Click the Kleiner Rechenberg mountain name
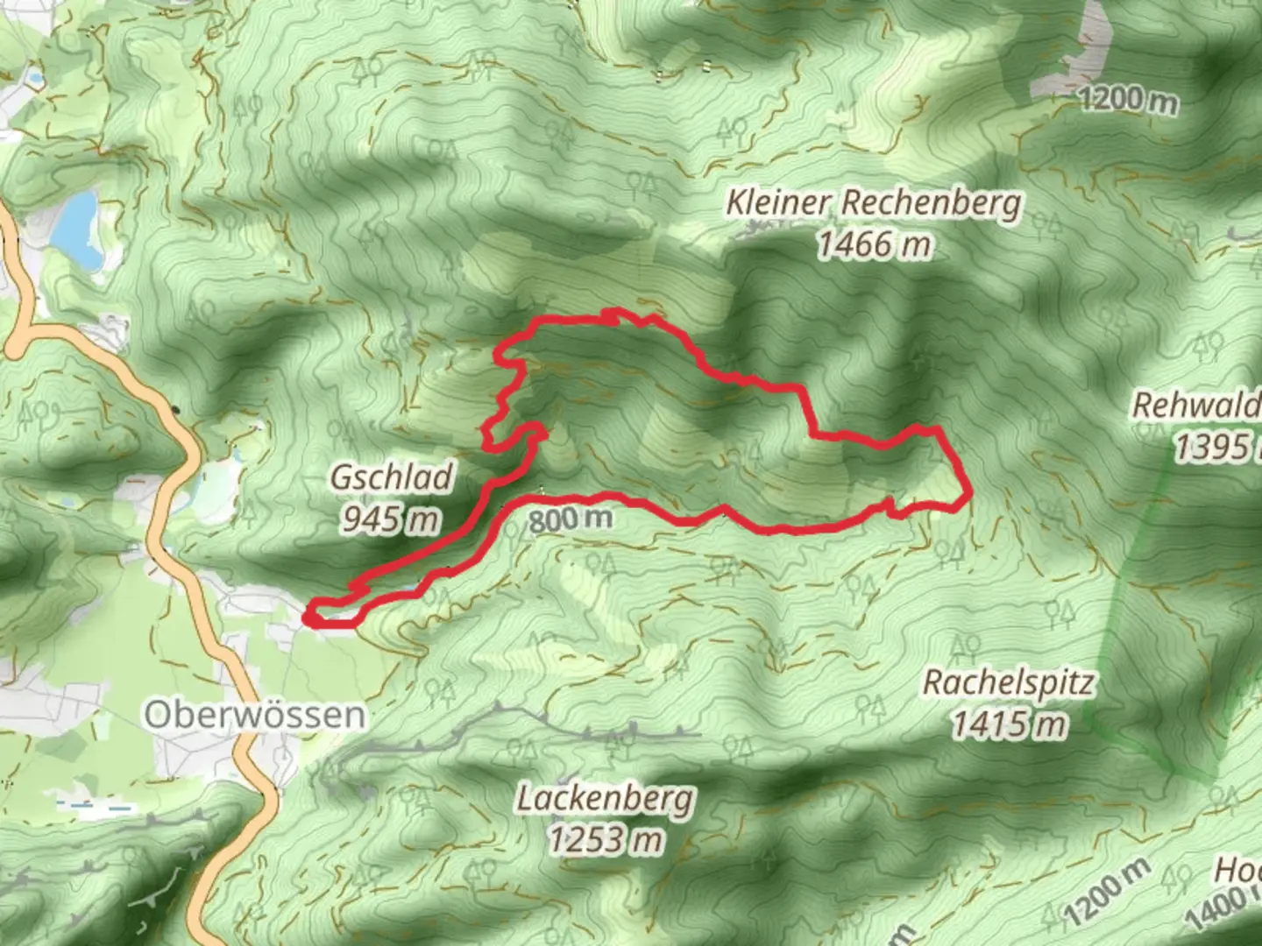pyautogui.click(x=873, y=204)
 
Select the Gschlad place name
pyautogui.click(x=392, y=478)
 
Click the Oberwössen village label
pyautogui.click(x=254, y=715)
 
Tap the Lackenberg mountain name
pyautogui.click(x=605, y=799)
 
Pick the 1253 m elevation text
pyautogui.click(x=605, y=840)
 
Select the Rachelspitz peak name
pyautogui.click(x=1008, y=682)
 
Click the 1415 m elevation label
pyautogui.click(x=1010, y=724)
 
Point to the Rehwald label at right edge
pyautogui.click(x=1195, y=406)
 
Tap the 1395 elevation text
pyautogui.click(x=1213, y=448)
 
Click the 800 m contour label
pyautogui.click(x=571, y=519)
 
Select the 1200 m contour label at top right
pyautogui.click(x=1128, y=100)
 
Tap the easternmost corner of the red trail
pyautogui.click(x=968, y=498)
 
